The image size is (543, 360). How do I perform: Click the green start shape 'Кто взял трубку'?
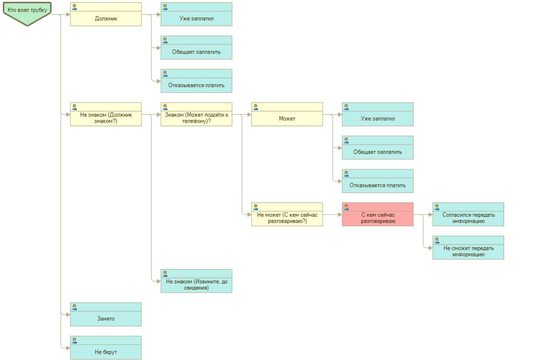point(27,11)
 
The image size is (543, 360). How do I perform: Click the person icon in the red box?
point(346,207)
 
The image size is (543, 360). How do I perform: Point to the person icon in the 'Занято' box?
point(74,307)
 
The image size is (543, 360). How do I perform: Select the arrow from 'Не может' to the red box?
point(332,215)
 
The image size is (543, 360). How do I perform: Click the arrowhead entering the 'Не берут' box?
point(68,348)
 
